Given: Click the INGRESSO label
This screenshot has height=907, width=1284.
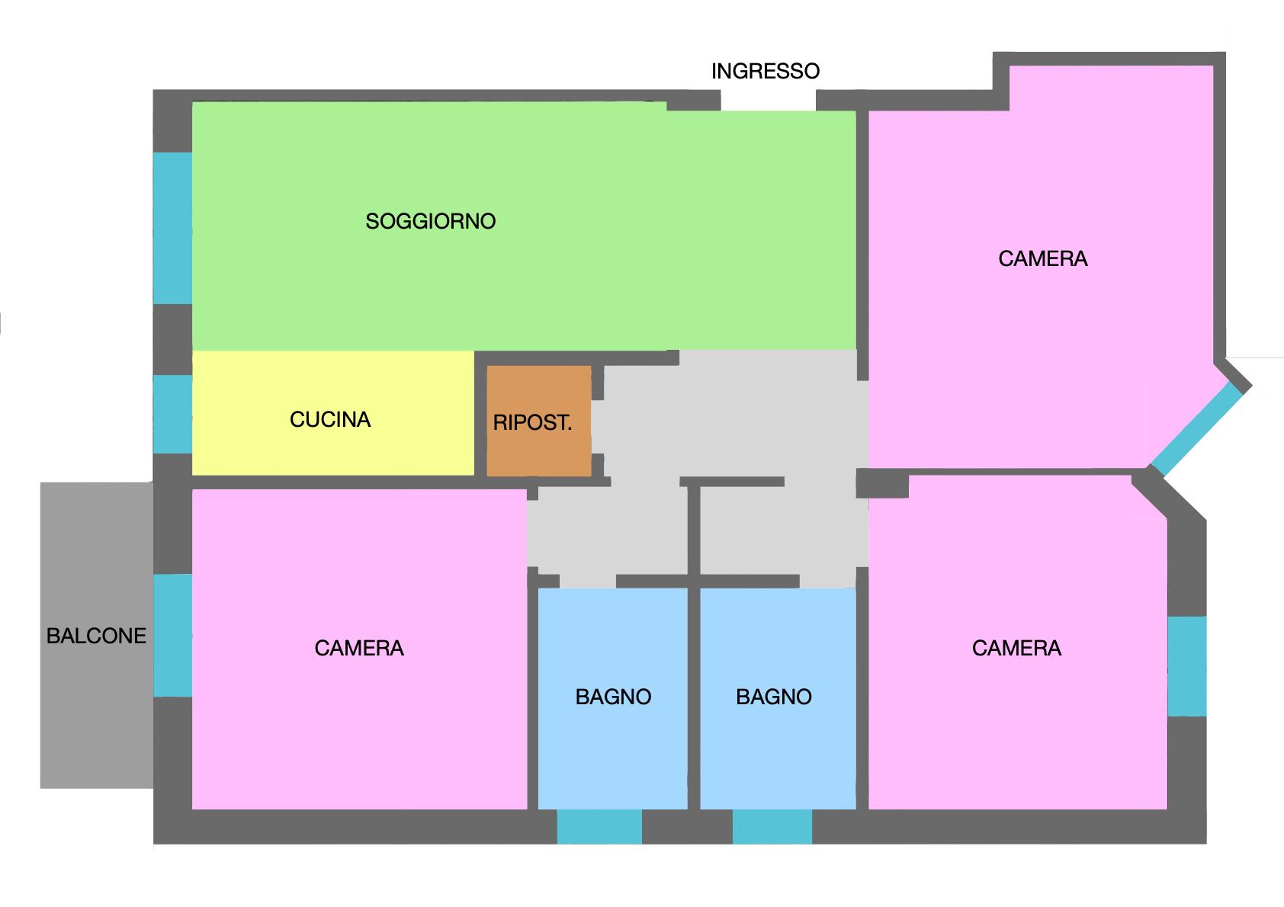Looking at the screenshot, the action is coord(766,71).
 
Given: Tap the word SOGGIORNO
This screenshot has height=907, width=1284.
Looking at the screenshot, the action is coord(431,221).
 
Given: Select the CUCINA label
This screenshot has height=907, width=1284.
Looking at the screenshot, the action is coord(330,419).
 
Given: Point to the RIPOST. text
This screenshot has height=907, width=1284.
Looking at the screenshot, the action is coord(532,422).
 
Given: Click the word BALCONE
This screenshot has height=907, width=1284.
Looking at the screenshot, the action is coord(96,636).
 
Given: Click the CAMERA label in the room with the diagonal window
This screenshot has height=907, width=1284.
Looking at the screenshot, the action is coord(1042,258).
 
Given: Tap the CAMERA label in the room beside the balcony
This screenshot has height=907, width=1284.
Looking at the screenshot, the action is coord(359,648).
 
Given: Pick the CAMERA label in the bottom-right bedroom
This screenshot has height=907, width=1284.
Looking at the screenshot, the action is coord(1016,648).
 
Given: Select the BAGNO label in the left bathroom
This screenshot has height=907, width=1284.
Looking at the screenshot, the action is coord(613,697).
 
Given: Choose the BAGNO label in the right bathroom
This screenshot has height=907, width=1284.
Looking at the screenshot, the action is coord(774,697).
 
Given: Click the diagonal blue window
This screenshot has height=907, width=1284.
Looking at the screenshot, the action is coord(1197,429).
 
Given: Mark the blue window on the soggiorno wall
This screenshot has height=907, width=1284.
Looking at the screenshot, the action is coord(172,228).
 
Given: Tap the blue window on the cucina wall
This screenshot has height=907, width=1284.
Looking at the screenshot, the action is coord(172,415).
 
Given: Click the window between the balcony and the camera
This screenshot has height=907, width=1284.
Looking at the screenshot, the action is coord(172,636).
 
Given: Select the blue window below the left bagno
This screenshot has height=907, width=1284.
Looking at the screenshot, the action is coord(599,826).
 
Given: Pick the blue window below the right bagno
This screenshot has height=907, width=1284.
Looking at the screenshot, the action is coord(772,826).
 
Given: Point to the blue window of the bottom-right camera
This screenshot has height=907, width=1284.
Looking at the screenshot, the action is coord(1187,666).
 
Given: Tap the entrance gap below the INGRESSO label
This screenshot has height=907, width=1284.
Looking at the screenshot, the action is coord(768,101).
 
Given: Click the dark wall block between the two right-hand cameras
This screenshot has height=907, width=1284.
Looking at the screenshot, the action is coord(882,483).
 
